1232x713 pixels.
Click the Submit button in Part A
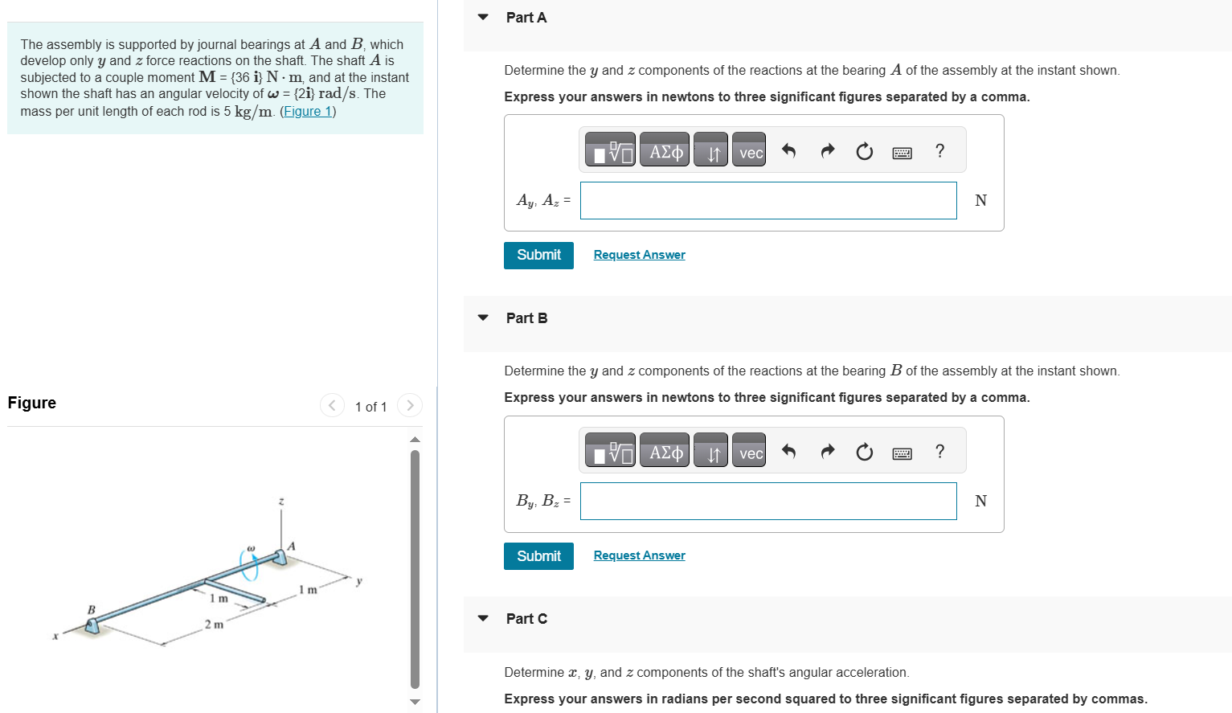[x=538, y=255]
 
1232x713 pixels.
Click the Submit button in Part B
[x=538, y=555]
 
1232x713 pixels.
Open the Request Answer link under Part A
[x=639, y=255]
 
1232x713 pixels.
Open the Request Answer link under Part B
[x=639, y=555]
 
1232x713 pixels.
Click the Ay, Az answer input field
[x=767, y=200]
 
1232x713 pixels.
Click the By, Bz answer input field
[x=767, y=501]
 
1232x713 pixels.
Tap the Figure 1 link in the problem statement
[x=308, y=112]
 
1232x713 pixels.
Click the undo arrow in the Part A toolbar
[x=788, y=151]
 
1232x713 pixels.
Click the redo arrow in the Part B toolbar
[x=827, y=452]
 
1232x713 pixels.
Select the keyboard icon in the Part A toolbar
[x=902, y=152]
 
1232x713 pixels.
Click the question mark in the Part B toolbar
[x=939, y=452]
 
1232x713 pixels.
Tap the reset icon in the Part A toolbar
[x=864, y=151]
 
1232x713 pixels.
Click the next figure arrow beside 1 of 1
[x=410, y=405]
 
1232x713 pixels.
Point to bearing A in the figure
[x=280, y=556]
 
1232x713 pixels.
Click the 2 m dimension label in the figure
[x=214, y=625]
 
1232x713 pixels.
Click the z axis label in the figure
[x=280, y=502]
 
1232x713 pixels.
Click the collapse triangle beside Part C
[x=483, y=618]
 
